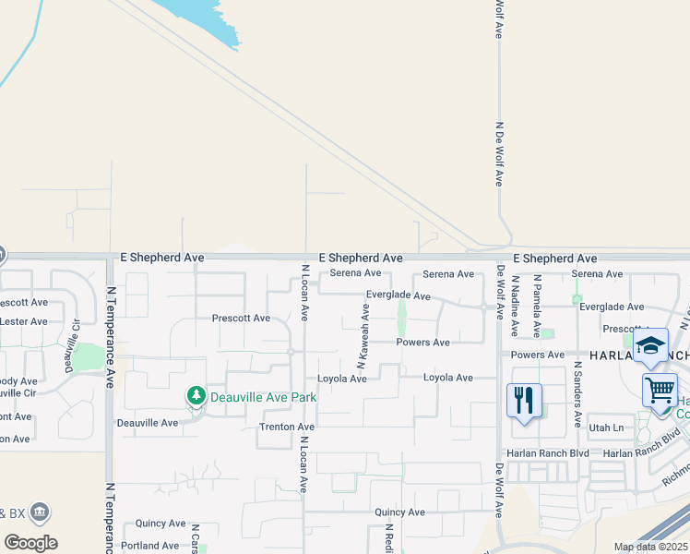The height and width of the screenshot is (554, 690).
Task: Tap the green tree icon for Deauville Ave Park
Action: point(196,396)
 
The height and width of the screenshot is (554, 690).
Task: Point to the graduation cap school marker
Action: point(650,345)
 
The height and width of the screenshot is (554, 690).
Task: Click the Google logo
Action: point(30,543)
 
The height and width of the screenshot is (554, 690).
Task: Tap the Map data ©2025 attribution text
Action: point(648,547)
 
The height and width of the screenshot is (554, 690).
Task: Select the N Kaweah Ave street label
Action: point(363,329)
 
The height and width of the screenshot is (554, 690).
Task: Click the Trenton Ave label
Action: point(287,428)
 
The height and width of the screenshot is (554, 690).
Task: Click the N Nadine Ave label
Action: point(515,306)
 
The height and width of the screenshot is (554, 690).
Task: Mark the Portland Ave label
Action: point(150,546)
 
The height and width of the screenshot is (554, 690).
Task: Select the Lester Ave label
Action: point(24,321)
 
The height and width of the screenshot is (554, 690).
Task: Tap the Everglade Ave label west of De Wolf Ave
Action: point(399,295)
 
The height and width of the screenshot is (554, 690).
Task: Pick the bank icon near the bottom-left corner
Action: point(40,512)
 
